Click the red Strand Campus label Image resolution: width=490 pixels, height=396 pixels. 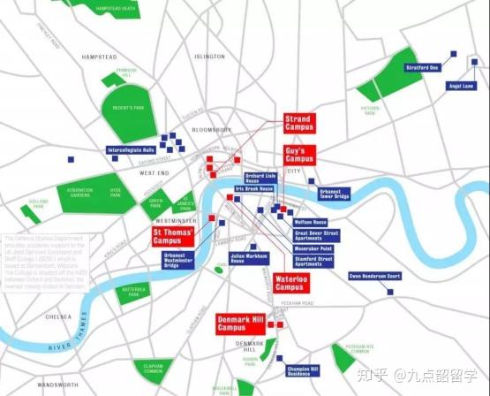pyautogui.click(x=298, y=123)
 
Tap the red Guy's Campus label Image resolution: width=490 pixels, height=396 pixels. pyautogui.click(x=299, y=155)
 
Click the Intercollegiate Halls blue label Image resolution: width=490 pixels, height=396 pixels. pyautogui.click(x=132, y=150)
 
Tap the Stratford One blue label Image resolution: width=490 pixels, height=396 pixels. pyautogui.click(x=423, y=68)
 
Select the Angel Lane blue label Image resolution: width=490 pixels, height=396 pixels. pyautogui.click(x=462, y=86)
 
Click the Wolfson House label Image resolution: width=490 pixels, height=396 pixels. pyautogui.click(x=310, y=222)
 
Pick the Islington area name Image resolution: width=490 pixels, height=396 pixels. pyautogui.click(x=209, y=57)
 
